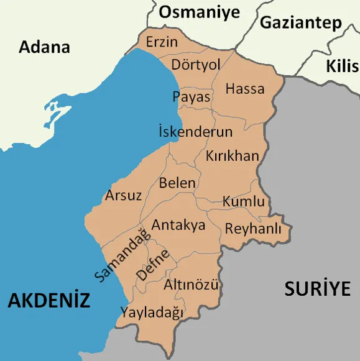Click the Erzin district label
(162, 42)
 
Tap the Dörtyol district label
(196, 65)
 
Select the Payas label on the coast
(191, 97)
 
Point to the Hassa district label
(244, 89)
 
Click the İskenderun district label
(195, 132)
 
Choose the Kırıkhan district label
(232, 155)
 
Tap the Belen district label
(177, 183)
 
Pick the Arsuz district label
(123, 195)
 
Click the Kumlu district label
(244, 202)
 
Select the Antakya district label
(178, 225)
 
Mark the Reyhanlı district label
(253, 229)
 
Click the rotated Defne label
(152, 265)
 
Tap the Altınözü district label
(192, 285)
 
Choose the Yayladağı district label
(152, 312)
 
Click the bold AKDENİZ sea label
(49, 301)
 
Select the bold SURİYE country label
(317, 288)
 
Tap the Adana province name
(44, 47)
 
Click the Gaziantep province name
(301, 23)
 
